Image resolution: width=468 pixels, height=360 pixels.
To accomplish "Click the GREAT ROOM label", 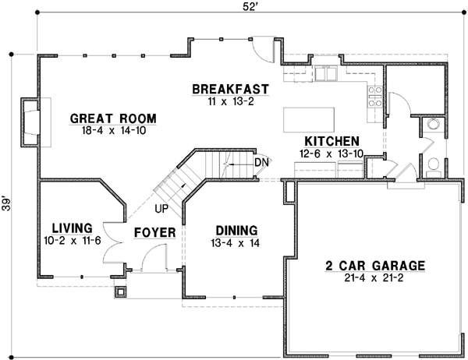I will (113, 118).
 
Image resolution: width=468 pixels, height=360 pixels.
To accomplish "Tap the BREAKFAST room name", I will (231, 89).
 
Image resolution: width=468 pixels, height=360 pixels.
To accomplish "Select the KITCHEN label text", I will (331, 140).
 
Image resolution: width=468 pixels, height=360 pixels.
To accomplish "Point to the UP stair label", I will (161, 209).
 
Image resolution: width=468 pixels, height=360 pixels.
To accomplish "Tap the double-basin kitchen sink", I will (328, 74).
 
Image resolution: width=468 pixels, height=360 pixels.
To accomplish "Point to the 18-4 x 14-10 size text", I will (113, 131).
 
